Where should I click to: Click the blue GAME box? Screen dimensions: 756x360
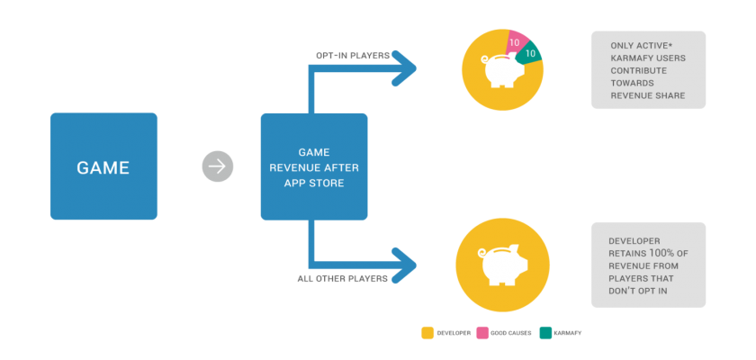coord(103,166)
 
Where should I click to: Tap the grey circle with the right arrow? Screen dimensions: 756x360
coord(218,166)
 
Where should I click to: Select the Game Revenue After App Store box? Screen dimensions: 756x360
coord(314,166)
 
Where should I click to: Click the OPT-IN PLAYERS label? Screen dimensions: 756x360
coord(353,56)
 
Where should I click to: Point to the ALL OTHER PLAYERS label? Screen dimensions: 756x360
coord(342,279)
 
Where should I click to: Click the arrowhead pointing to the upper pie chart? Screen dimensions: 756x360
coord(404,68)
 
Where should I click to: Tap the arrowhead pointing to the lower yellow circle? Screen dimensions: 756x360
coord(404,265)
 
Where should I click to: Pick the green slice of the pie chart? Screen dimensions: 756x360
coord(529,52)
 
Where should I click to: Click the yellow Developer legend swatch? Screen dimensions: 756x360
coord(427,332)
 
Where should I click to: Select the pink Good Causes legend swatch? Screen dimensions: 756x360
coord(482,332)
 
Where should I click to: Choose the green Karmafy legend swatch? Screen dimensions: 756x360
coord(545,332)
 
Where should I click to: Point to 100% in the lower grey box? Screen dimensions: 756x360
coord(661,253)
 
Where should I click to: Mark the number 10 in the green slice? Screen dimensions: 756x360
coord(530,53)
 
